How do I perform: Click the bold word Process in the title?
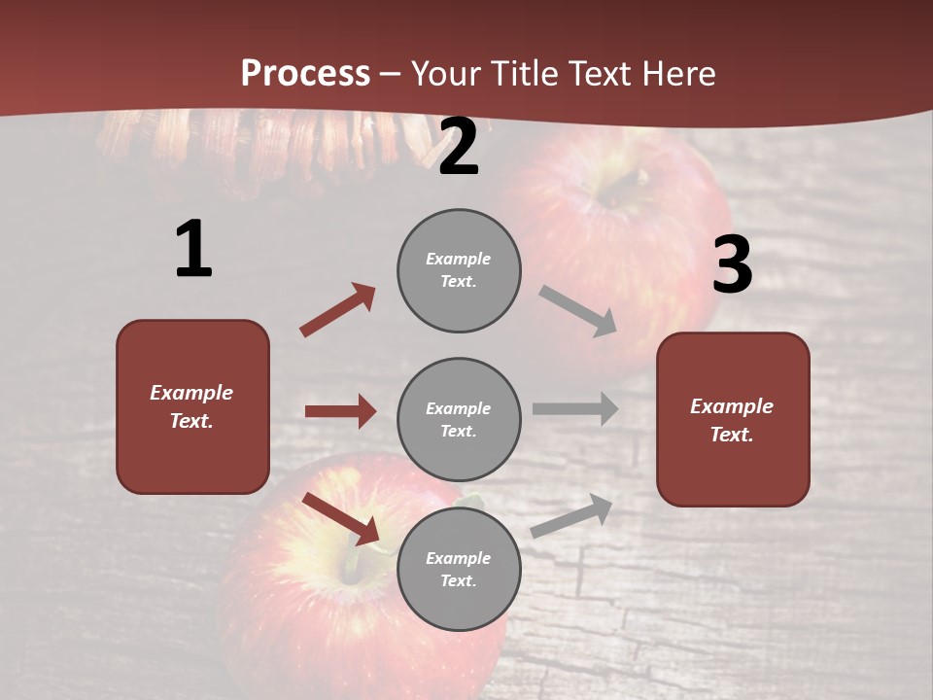click(305, 74)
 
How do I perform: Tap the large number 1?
click(193, 250)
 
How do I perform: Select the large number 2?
click(459, 148)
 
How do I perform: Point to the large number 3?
click(732, 265)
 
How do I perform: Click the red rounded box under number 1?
click(192, 406)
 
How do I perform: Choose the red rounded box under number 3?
click(733, 419)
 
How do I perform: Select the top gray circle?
click(459, 270)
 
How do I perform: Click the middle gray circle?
click(459, 419)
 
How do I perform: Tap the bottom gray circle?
click(459, 569)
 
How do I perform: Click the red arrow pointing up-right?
click(338, 310)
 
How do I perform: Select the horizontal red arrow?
click(340, 411)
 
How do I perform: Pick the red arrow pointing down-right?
click(341, 518)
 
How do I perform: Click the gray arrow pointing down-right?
click(578, 311)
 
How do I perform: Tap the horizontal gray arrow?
click(575, 408)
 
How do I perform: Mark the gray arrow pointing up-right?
click(572, 515)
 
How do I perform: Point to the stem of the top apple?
click(637, 179)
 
